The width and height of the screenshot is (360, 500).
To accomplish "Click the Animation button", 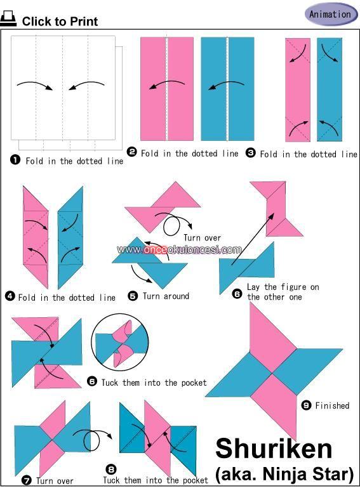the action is point(331,15).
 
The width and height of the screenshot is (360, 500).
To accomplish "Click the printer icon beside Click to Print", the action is point(8,18).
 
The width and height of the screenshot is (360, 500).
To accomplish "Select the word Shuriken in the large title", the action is point(274,449).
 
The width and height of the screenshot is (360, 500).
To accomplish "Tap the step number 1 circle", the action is point(15,159).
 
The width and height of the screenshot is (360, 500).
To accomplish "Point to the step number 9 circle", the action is point(306,405).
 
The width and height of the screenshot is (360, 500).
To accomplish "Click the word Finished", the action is point(332,405).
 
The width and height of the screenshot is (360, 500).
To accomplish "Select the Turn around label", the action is point(166,296).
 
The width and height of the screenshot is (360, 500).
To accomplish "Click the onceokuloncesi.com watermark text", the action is point(179,249).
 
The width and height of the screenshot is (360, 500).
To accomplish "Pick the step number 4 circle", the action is point(10,296).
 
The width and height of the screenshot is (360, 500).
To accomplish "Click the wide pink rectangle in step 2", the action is point(167,89).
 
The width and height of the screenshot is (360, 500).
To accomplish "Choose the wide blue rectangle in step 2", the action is point(227,89).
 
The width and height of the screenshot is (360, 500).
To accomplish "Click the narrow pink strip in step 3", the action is point(298,90).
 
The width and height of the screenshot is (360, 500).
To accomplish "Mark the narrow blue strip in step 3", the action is point(330,89).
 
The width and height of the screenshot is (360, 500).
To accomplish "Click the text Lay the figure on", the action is point(283,287).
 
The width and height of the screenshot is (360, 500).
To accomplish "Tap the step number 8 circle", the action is point(110,470).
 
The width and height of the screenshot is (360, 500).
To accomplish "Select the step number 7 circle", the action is point(27,480).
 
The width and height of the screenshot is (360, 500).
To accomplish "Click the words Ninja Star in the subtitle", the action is point(307,474).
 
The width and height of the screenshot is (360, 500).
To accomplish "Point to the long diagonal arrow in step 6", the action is point(253,239).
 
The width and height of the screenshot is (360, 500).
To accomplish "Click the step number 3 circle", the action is point(251,153).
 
